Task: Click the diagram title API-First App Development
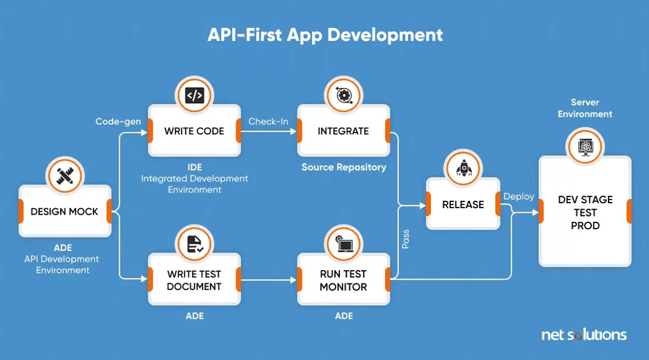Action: [325, 35]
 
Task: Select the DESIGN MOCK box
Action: [65, 211]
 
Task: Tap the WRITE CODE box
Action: [195, 130]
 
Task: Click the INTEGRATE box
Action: [343, 130]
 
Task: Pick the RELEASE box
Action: [463, 204]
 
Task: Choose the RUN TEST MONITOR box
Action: [343, 280]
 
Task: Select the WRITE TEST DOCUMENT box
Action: [195, 280]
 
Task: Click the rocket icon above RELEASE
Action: [463, 169]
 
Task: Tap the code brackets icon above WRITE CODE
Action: [195, 95]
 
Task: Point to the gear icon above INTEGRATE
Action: [343, 95]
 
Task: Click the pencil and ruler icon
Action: [65, 175]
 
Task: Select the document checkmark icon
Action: [195, 244]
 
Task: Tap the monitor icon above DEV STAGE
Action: [585, 147]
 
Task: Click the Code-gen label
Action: [118, 121]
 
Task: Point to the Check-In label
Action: [268, 121]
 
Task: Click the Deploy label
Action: [519, 197]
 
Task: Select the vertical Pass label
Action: [406, 239]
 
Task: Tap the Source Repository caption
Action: [343, 168]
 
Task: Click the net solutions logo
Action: [584, 335]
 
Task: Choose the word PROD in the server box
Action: [585, 226]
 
